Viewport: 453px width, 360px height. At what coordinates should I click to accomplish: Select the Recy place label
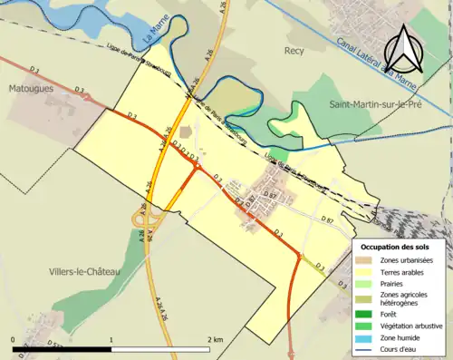(294, 52)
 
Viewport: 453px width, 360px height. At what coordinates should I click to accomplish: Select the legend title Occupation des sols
(396, 247)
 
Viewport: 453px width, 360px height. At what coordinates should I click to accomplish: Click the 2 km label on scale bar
(214, 339)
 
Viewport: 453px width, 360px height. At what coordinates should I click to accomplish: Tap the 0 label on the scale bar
(14, 339)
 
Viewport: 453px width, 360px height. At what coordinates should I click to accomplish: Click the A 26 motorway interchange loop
(142, 218)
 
